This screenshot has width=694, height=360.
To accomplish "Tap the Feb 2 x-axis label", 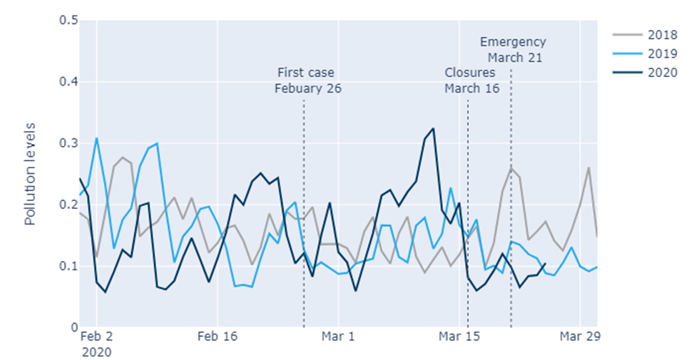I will pyautogui.click(x=97, y=336).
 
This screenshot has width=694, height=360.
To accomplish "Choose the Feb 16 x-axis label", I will pyautogui.click(x=218, y=336).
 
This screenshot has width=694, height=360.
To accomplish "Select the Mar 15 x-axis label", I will pyautogui.click(x=459, y=336).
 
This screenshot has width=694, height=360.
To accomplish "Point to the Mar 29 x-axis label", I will pyautogui.click(x=580, y=336).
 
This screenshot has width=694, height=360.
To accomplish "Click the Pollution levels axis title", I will pyautogui.click(x=31, y=174).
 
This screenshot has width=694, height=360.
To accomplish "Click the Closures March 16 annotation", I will pyautogui.click(x=471, y=81).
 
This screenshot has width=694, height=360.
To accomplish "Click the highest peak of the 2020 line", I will pyautogui.click(x=433, y=128).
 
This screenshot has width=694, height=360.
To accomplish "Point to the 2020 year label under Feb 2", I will pyautogui.click(x=97, y=351).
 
